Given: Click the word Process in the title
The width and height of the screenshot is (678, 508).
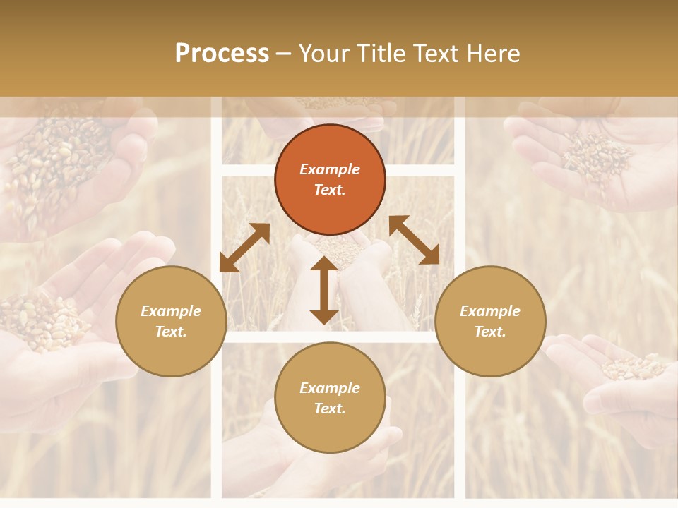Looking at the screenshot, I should tap(222, 54).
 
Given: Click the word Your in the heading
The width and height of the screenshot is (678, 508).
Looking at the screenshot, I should tap(326, 54).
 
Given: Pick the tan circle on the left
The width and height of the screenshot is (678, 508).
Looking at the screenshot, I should tap(171, 321).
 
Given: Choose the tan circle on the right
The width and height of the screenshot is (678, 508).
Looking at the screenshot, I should tap(490, 321).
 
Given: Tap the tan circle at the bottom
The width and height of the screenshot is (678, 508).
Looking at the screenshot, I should tap(330, 398).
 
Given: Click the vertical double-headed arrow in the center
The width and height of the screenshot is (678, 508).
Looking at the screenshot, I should tap(324, 290).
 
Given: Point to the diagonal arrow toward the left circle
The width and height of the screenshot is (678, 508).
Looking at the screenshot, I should tap(244, 248).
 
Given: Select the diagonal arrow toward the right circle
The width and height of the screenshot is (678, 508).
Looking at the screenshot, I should tap(414, 240).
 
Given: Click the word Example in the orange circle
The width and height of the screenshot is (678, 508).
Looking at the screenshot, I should tap(330, 169).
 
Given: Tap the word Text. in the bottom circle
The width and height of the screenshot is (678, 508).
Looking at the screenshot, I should tap(330, 409).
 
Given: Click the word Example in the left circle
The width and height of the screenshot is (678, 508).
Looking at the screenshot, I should tap(171, 311).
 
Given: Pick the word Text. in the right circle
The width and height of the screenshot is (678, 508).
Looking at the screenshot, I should tap(490, 332).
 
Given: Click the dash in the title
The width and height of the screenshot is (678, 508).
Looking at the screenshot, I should tap(284, 54).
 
